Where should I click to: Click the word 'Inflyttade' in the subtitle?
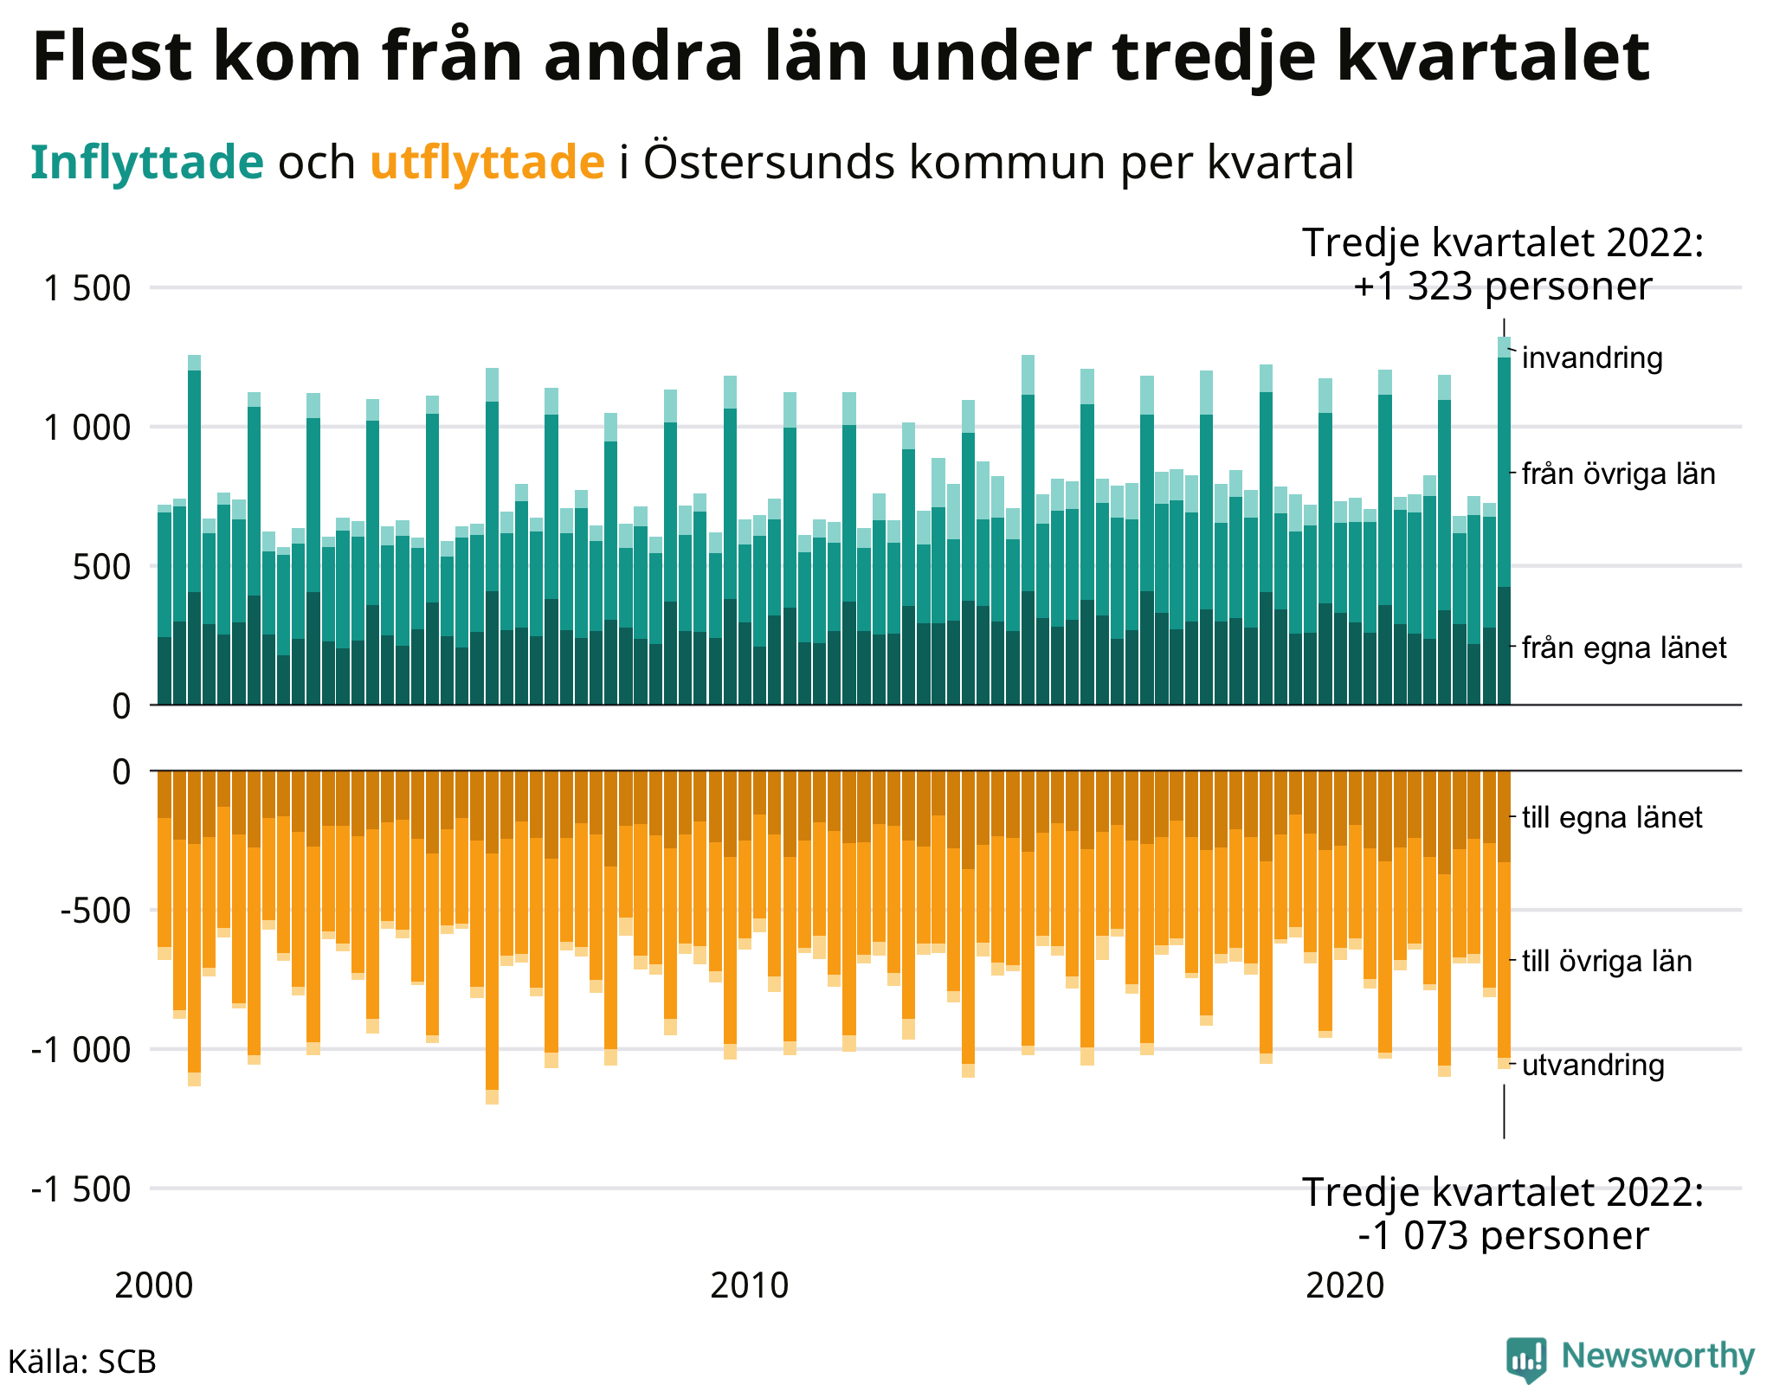[x=147, y=162]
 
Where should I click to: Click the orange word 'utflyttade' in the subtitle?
[x=487, y=162]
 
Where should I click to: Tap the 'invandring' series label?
[x=1592, y=358]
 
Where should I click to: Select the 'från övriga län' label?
[x=1618, y=473]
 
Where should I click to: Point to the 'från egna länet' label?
[x=1624, y=647]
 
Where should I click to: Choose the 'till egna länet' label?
[x=1612, y=817]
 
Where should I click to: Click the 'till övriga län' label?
[x=1607, y=961]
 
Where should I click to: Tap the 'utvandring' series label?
[x=1593, y=1065]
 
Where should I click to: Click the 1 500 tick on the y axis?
[x=87, y=288]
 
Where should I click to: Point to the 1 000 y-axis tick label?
[x=87, y=428]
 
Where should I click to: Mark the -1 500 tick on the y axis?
[x=81, y=1189]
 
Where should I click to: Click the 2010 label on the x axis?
[x=750, y=1286]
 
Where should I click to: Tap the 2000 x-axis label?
[x=154, y=1286]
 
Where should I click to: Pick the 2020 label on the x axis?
[x=1345, y=1286]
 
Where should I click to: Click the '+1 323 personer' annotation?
[x=1503, y=287]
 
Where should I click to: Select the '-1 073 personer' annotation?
[x=1503, y=1235]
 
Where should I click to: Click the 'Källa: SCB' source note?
[x=82, y=1362]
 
